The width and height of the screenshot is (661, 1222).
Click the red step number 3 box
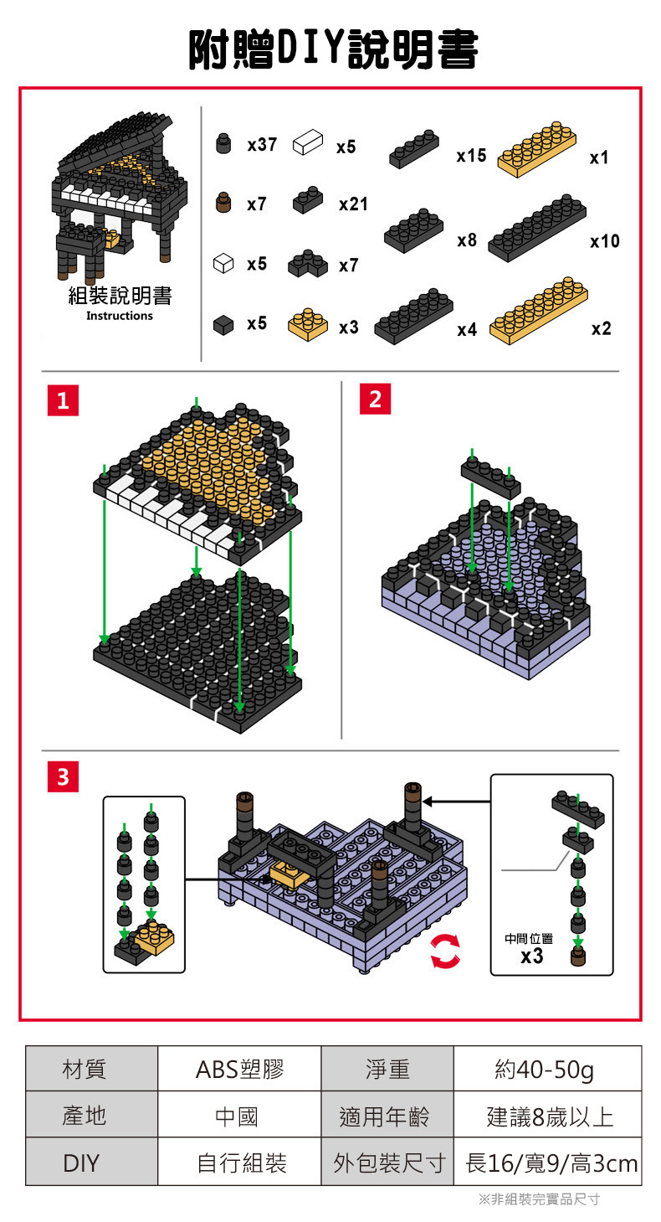click(63, 777)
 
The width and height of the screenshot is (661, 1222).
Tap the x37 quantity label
click(262, 144)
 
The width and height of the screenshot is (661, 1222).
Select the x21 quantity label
click(353, 204)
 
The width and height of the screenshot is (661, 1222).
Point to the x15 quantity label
click(471, 156)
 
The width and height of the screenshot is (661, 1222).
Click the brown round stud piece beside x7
click(223, 203)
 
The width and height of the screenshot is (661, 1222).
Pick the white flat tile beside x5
click(307, 142)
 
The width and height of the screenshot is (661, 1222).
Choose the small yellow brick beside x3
click(307, 325)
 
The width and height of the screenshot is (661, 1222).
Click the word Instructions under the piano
click(120, 316)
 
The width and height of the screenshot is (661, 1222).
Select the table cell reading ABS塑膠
click(239, 1069)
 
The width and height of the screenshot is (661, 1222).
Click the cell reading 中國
click(239, 1116)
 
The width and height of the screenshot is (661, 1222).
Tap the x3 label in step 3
click(531, 956)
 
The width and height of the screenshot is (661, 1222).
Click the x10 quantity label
click(604, 241)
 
